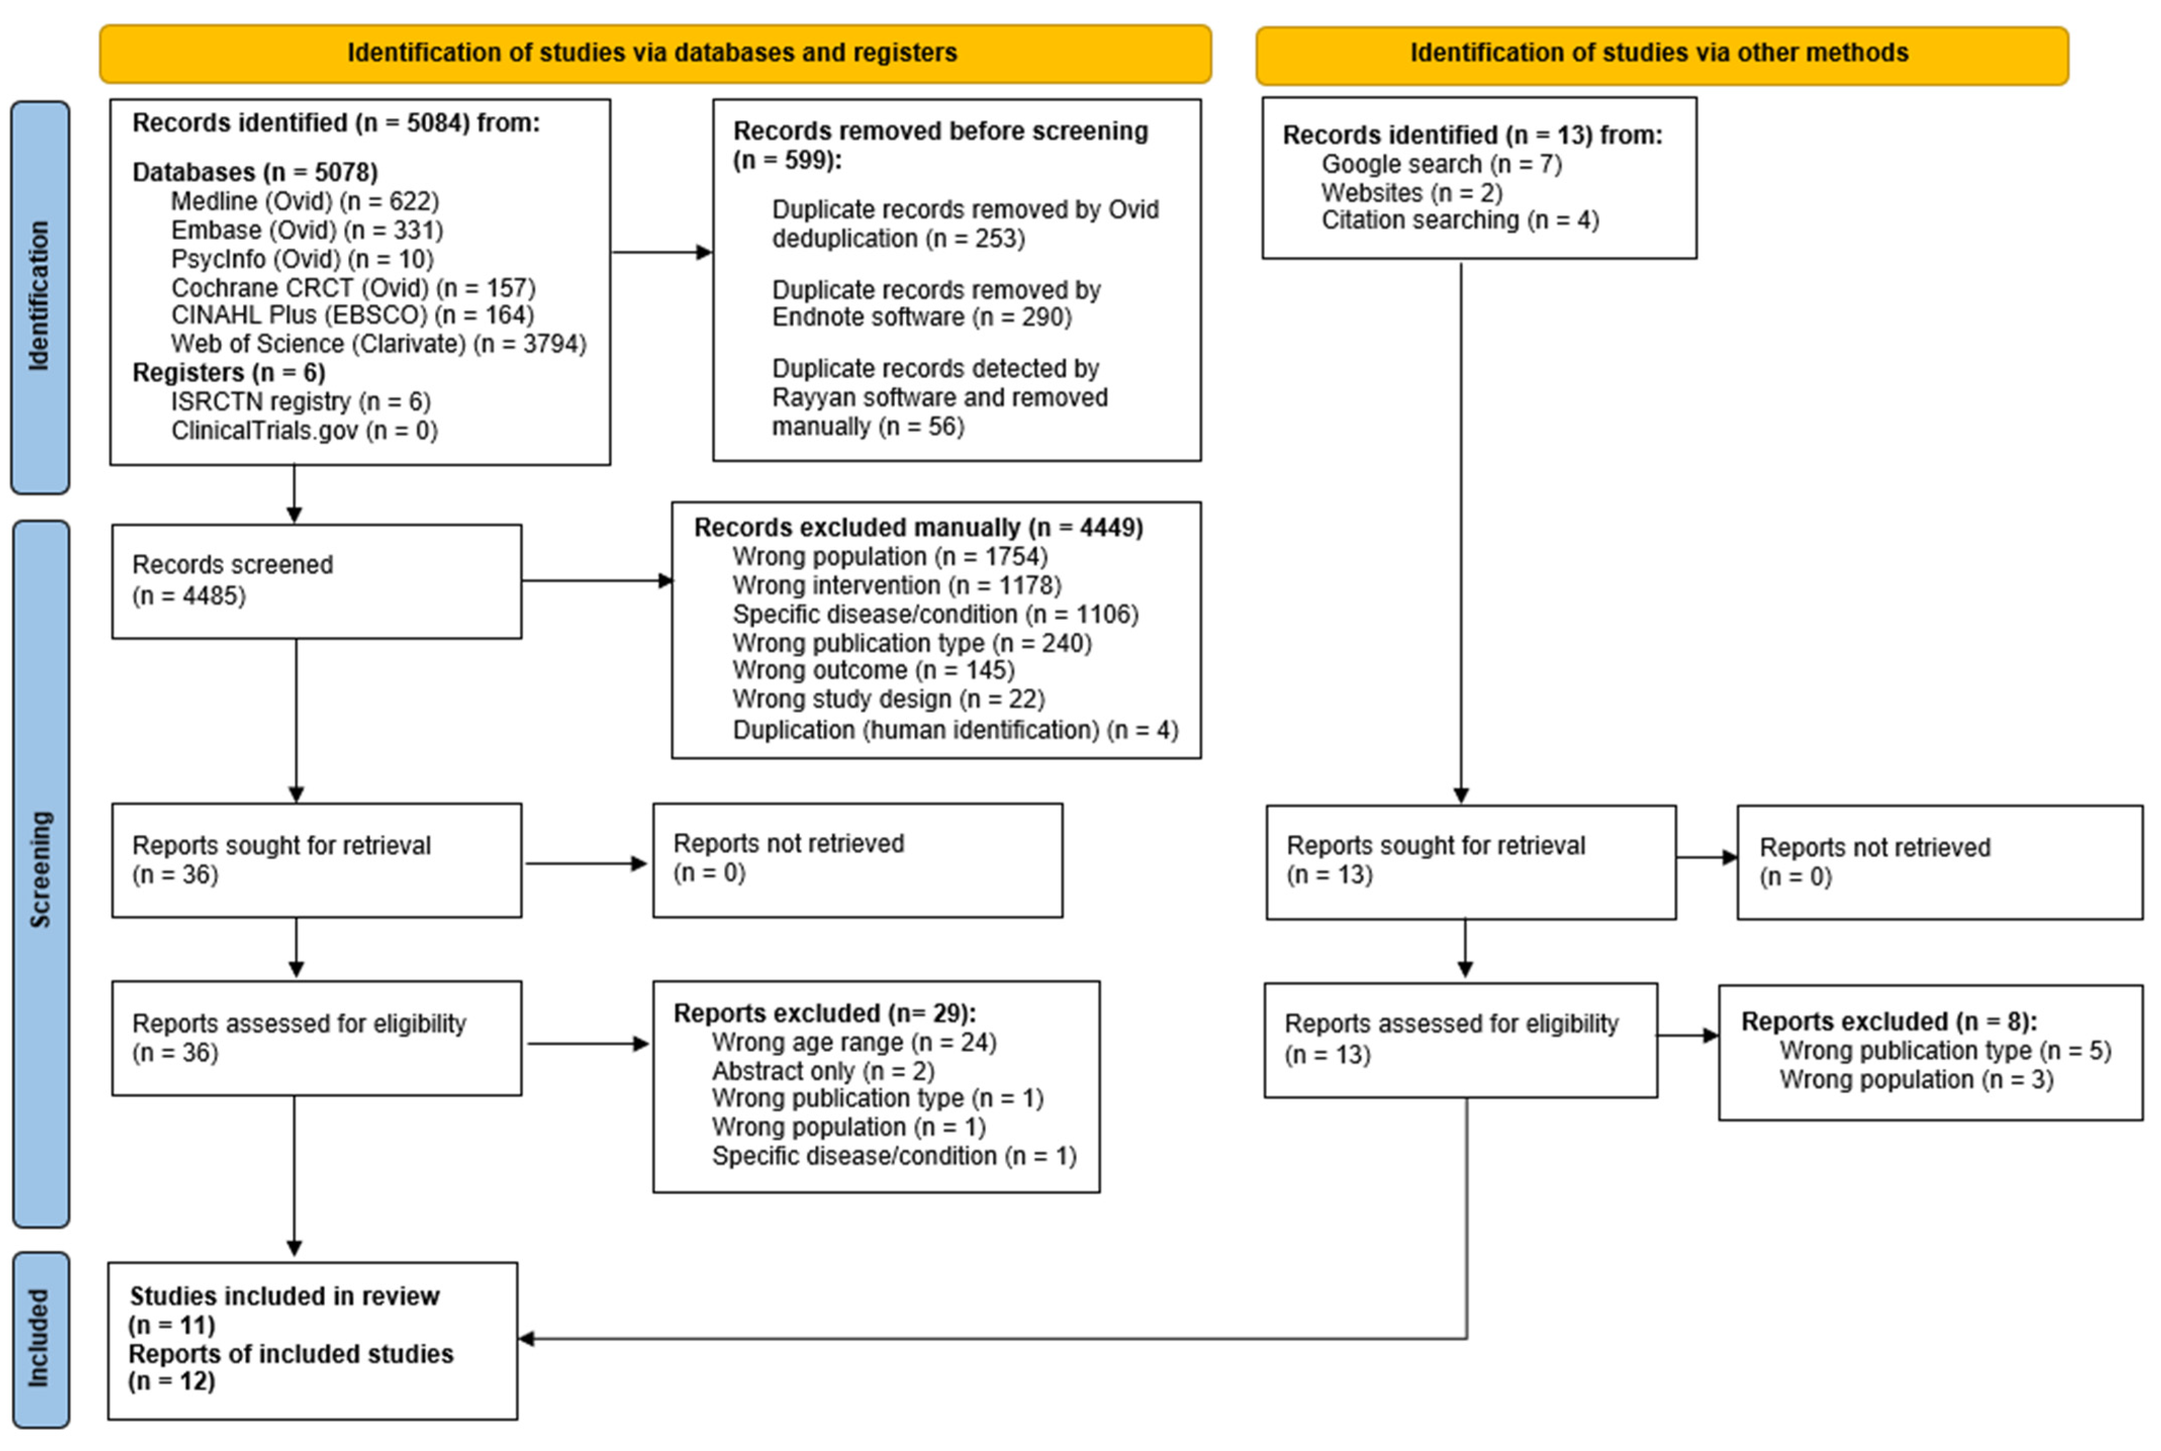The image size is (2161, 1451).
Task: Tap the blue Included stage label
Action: click(40, 1339)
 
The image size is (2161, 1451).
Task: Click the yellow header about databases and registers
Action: click(654, 54)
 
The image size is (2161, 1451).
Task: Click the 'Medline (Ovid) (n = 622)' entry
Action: click(305, 201)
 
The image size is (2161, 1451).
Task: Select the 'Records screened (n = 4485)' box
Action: click(316, 581)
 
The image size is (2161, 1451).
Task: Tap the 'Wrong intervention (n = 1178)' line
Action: click(896, 586)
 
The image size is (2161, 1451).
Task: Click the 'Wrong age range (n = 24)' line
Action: click(853, 1043)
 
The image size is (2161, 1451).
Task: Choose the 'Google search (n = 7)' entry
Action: click(1441, 165)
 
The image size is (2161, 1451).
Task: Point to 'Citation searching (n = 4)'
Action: click(1460, 220)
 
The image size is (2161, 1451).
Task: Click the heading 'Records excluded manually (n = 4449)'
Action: click(918, 527)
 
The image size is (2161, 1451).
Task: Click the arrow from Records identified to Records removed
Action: click(661, 252)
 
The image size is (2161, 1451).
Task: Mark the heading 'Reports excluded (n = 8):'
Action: click(1888, 1022)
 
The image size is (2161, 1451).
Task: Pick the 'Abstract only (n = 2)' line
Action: click(823, 1072)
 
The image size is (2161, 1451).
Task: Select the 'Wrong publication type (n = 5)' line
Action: click(1944, 1051)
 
